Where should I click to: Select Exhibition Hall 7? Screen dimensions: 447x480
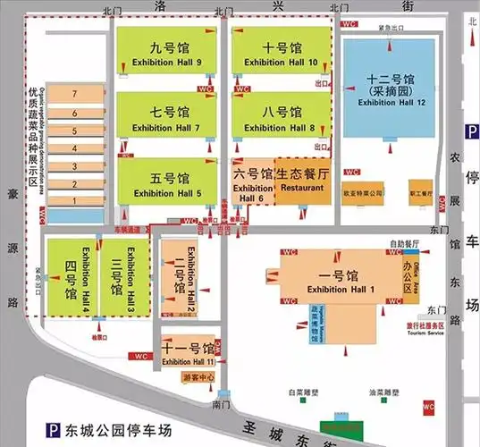pyautogui.click(x=166, y=118)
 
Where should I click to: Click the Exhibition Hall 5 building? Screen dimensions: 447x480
pyautogui.click(x=166, y=183)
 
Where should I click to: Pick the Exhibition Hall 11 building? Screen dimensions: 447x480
pyautogui.click(x=188, y=353)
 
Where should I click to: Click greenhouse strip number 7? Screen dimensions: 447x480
pyautogui.click(x=76, y=93)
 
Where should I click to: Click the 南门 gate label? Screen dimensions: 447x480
pyautogui.click(x=224, y=405)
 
